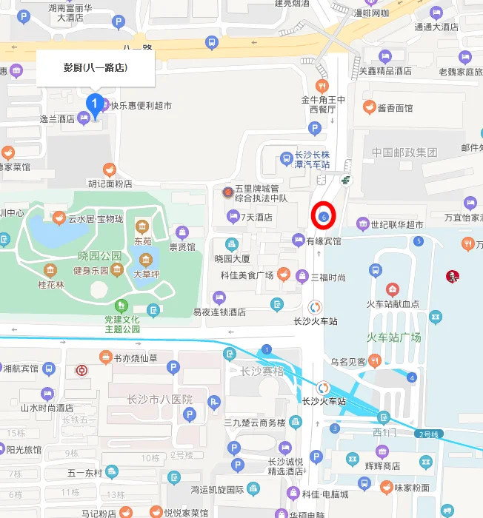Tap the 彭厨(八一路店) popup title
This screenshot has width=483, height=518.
coord(95,67)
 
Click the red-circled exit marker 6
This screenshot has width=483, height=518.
coord(324,215)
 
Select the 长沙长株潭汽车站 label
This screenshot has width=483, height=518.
coord(312,161)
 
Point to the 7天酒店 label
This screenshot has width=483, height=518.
coord(256,218)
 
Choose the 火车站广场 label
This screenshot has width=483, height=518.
coord(393,337)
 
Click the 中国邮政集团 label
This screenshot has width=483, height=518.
coord(404,152)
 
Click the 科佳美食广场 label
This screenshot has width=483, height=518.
coord(247,275)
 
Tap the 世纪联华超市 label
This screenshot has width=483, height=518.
coord(396,224)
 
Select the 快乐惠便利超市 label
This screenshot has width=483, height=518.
coord(141,106)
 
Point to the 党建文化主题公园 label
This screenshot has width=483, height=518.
coord(122,324)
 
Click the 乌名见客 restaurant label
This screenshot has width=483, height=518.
coord(347,362)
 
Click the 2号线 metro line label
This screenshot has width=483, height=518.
coord(431,434)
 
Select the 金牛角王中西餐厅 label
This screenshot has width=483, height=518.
coord(322,104)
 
